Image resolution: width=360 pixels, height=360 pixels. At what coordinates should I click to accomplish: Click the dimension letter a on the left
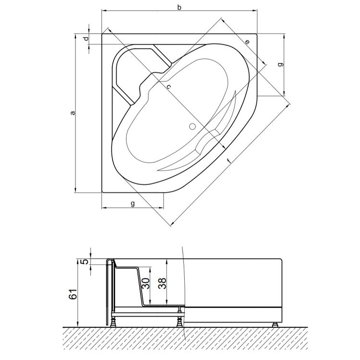point(72,113)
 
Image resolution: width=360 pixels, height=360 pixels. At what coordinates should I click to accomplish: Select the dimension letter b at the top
point(179,7)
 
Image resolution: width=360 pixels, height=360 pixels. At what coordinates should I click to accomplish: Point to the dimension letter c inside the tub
point(168,87)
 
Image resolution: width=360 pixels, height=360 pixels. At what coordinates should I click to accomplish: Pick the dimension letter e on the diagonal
point(247,42)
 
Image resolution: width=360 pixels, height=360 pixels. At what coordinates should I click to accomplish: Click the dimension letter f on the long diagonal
point(228,160)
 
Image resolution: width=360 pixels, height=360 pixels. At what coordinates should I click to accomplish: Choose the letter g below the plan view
point(132,204)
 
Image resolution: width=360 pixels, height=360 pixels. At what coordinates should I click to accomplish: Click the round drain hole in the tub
point(192,127)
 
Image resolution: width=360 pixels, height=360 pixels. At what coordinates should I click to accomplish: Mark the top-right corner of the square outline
point(258,34)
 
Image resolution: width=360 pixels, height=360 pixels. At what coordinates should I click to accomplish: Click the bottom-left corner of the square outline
point(102,192)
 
